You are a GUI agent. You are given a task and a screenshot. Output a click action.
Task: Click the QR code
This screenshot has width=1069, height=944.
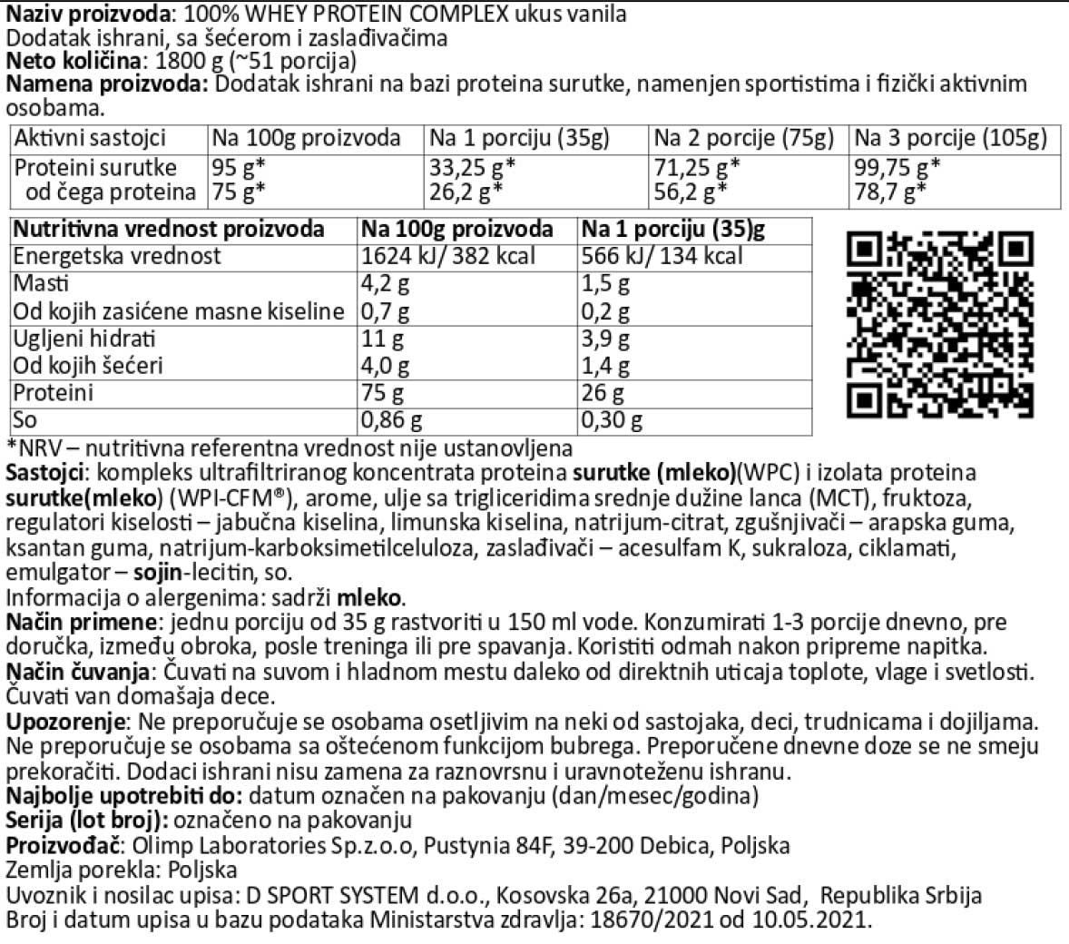coord(940,325)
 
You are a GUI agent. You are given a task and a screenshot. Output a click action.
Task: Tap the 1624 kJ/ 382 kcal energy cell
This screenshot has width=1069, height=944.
coord(448,256)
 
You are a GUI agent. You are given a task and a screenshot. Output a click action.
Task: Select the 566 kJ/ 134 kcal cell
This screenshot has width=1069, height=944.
coord(662,256)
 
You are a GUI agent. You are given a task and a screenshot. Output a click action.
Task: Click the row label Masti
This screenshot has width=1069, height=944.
coord(41,283)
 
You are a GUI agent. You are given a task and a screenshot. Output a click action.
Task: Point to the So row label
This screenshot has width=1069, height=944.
coord(25,420)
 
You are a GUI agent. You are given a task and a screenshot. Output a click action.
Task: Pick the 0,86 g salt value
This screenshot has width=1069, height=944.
coord(392,420)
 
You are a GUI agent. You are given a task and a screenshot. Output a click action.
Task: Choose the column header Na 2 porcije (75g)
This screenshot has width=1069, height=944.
coord(743,138)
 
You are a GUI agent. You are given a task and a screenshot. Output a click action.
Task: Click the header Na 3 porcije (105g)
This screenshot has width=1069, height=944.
coord(950,138)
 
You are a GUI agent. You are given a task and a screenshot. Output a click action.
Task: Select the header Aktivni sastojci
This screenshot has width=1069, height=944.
coord(90,138)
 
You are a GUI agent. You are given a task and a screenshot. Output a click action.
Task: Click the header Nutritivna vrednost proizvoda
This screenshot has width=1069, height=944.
coord(169,229)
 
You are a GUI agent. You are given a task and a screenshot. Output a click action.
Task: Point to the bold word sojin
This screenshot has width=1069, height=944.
coord(157,573)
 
